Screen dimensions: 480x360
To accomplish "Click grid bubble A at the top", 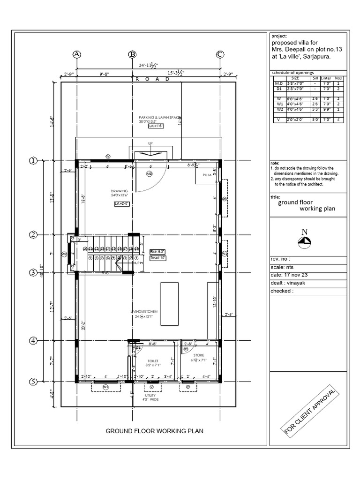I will [x=77, y=55].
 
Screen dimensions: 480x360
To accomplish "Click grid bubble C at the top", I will [x=220, y=55].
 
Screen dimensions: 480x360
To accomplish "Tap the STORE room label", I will [x=199, y=356].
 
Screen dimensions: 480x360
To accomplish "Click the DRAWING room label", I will [x=119, y=191].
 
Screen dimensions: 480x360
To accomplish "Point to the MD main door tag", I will [x=150, y=174].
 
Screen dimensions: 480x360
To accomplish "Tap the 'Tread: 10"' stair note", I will [x=158, y=258].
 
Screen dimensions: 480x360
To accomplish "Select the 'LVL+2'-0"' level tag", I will [x=122, y=204].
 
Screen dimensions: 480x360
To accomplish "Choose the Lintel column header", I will [x=325, y=78].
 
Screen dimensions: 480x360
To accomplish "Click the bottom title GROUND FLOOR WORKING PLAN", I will [x=154, y=431].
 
